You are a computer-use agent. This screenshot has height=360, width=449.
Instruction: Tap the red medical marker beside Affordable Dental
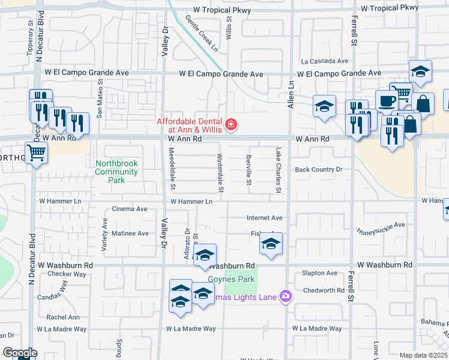coord(231,125)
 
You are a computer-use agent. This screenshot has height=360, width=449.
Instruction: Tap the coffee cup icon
coord(386,100)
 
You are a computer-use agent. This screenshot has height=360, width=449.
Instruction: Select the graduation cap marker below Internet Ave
coord(271,244)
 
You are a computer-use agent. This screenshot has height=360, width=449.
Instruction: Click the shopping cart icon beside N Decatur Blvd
coord(37,153)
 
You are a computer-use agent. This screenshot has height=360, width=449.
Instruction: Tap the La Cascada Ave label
coord(325,61)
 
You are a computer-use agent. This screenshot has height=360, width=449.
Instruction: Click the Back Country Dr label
coord(318,170)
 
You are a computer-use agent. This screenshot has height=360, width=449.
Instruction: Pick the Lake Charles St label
coord(278,171)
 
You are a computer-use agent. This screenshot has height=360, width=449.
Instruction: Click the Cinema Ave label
coord(130,209)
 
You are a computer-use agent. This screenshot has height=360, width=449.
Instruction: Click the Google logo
coord(20,353)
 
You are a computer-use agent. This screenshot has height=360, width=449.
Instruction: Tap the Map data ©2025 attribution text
coord(423,355)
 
